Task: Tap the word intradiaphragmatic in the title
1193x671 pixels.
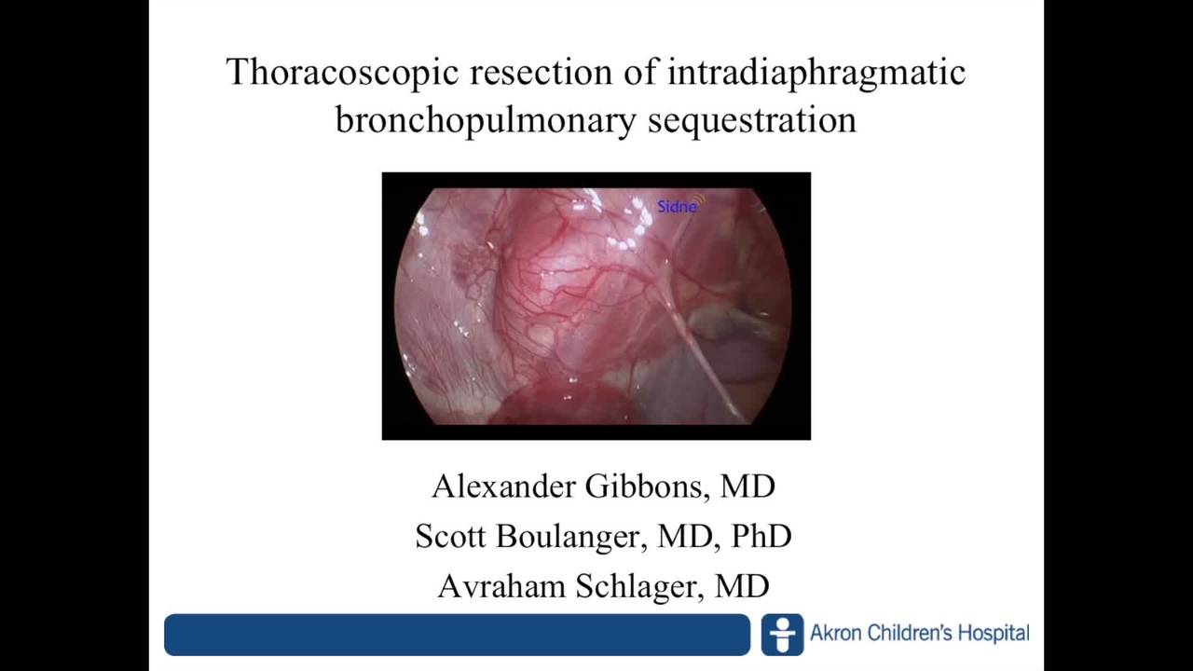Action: pos(816,73)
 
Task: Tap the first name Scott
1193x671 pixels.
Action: pos(451,536)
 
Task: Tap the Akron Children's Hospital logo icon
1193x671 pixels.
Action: pos(782,635)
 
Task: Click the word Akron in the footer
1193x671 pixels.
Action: pos(837,634)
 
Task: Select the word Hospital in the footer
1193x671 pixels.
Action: pos(994,634)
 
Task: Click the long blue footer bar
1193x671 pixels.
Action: pos(457,635)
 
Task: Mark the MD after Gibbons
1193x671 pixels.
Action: pos(748,486)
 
